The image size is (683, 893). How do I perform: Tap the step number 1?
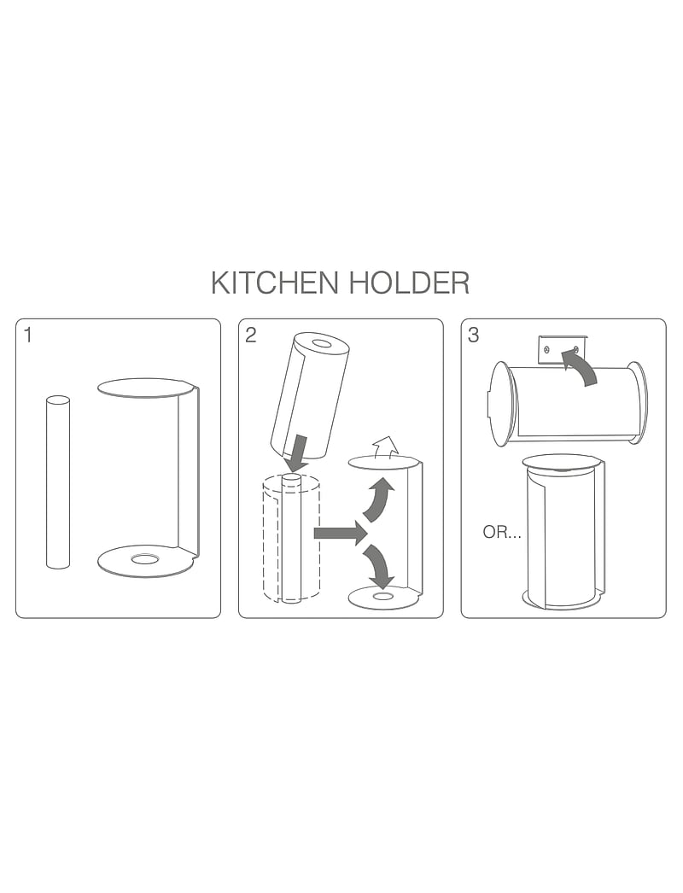coord(28,335)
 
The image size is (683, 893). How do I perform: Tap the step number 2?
coord(250,335)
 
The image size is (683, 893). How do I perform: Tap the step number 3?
coord(474,335)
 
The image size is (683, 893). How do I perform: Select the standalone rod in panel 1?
coord(58,482)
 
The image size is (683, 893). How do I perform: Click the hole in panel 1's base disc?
coord(144,559)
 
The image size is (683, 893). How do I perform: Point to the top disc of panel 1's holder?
coord(145,388)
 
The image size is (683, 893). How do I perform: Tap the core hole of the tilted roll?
coord(323,344)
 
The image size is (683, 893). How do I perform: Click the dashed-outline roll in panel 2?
coord(291,540)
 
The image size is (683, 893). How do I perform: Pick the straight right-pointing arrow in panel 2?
coord(339,534)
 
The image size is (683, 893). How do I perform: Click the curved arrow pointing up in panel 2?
coord(378,500)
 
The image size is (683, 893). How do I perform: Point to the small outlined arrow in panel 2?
coord(386,445)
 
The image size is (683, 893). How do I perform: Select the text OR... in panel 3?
coord(502,533)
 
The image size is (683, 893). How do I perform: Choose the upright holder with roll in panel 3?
coord(562,531)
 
